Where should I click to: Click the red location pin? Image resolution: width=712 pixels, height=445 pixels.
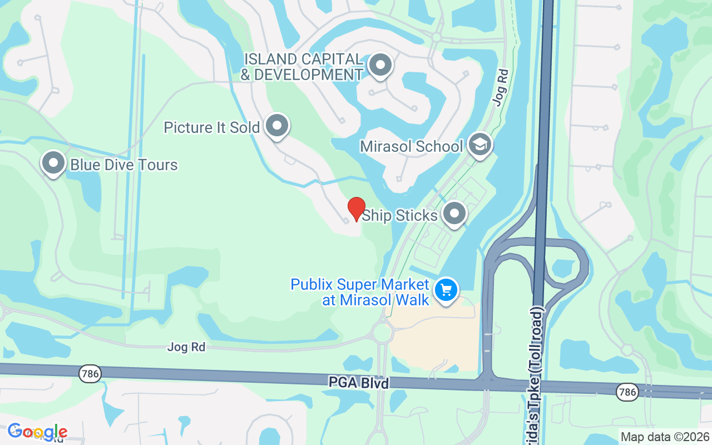pyautogui.click(x=357, y=209)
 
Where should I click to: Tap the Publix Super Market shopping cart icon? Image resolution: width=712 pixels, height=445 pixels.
pyautogui.click(x=446, y=290)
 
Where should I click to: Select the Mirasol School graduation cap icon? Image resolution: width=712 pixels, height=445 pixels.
pyautogui.click(x=479, y=145)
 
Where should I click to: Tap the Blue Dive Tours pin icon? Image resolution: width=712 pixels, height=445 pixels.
pyautogui.click(x=53, y=164)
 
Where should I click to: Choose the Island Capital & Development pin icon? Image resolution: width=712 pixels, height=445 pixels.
pyautogui.click(x=380, y=65)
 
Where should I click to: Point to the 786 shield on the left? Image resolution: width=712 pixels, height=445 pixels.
pyautogui.click(x=90, y=373)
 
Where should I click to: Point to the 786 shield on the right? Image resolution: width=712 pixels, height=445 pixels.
pyautogui.click(x=626, y=393)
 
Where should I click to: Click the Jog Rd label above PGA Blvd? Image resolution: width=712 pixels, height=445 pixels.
pyautogui.click(x=186, y=347)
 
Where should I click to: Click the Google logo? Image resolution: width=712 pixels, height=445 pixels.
pyautogui.click(x=37, y=432)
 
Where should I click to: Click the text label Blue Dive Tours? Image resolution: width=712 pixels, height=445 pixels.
pyautogui.click(x=123, y=165)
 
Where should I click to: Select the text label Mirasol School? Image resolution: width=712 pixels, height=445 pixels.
pyautogui.click(x=411, y=146)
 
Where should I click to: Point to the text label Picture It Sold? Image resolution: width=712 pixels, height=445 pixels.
pyautogui.click(x=211, y=127)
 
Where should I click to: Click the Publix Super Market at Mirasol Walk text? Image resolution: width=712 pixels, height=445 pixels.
pyautogui.click(x=360, y=292)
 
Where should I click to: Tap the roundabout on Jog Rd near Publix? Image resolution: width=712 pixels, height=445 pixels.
pyautogui.click(x=383, y=333)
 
